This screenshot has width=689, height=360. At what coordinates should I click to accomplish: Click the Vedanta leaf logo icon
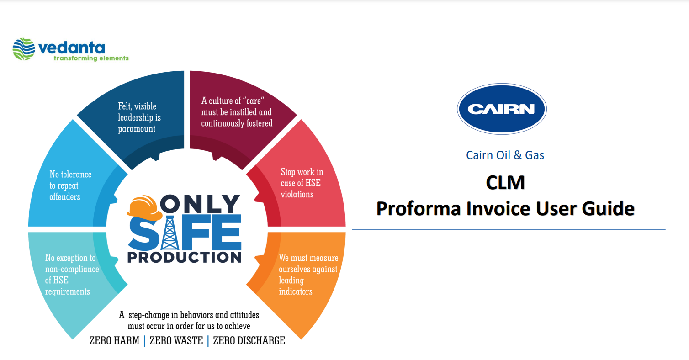coord(24,49)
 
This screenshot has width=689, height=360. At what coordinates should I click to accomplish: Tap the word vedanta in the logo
coord(71,48)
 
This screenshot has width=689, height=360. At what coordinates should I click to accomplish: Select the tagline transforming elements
coord(91,58)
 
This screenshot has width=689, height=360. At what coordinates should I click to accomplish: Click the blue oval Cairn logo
coord(502,109)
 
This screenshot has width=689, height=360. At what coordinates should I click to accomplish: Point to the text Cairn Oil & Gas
coord(505,155)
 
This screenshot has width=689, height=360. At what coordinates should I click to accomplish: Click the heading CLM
coord(505,183)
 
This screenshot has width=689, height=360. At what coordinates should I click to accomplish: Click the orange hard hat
coord(144,207)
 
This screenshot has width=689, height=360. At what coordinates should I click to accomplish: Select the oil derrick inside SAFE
coord(169,233)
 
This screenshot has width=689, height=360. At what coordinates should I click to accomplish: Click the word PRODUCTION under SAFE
coord(185,257)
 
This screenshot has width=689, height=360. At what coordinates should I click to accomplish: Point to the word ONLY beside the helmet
coord(200,203)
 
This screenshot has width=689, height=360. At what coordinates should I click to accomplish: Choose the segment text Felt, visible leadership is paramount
coord(139,117)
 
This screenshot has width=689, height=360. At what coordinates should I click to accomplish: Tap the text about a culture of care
coord(237,112)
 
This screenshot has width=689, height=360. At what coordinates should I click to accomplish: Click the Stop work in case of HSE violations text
coord(302,183)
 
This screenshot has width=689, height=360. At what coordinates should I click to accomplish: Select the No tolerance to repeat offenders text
coord(70,185)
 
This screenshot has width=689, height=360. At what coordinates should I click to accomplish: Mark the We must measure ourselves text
coord(308,275)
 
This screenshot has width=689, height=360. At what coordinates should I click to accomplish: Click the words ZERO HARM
coord(114,341)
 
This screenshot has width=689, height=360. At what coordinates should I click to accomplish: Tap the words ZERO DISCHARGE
coord(249,341)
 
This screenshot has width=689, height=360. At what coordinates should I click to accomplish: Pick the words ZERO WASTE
coord(176,341)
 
